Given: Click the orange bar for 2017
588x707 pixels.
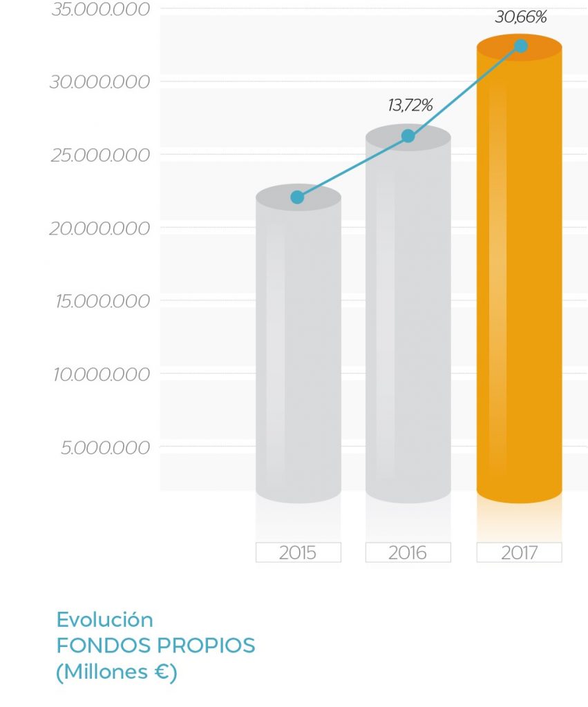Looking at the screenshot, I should click(x=519, y=276).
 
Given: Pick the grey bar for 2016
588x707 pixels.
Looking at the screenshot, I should click(x=408, y=318).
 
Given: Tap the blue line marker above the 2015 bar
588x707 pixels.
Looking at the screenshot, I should click(x=297, y=197).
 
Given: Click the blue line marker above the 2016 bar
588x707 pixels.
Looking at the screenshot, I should click(x=408, y=136).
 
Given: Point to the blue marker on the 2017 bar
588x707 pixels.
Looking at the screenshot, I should click(x=521, y=46).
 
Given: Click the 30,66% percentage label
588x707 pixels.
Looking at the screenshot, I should click(x=520, y=17).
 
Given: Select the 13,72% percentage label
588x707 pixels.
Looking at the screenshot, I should click(x=410, y=106).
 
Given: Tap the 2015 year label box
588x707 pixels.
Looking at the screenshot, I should click(x=298, y=552).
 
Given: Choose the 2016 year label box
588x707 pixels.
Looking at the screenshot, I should click(x=408, y=552).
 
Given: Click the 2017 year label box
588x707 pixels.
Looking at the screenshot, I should click(x=519, y=552).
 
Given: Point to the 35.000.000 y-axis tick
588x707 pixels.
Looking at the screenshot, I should click(x=99, y=10).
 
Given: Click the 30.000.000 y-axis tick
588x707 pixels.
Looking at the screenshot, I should click(x=99, y=82).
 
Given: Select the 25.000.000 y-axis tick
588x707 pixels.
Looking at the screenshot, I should click(x=99, y=155).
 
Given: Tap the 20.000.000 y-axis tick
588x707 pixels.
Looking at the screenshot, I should click(x=99, y=229).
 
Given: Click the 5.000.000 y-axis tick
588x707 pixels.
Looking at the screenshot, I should click(x=105, y=448).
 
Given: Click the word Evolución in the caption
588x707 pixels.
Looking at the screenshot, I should click(x=104, y=619).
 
